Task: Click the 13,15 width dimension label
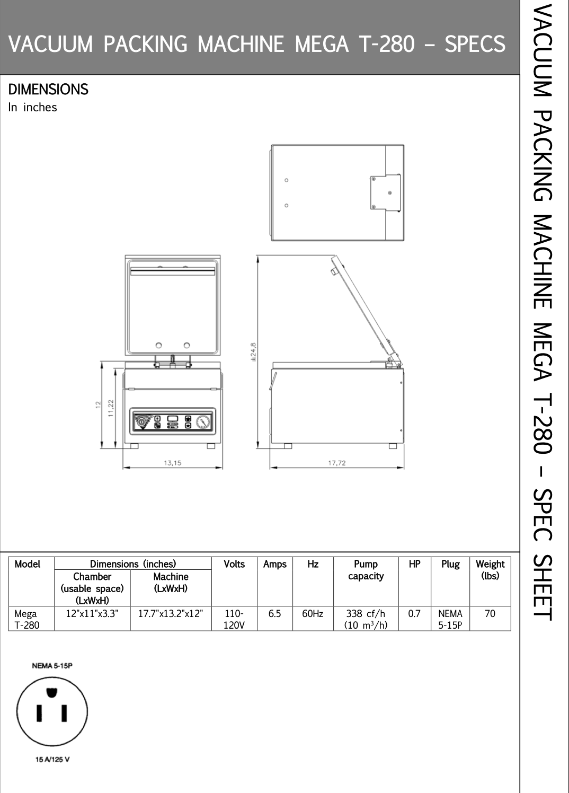point(173,463)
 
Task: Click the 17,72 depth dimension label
point(337,463)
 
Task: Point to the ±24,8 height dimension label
point(253,352)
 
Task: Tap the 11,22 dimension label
point(111,408)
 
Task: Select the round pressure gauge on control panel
point(203,421)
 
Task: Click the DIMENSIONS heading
point(48,89)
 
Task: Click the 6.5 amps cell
point(274,613)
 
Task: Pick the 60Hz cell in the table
point(313,613)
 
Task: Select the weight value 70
point(490,613)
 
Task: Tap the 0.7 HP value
point(414,613)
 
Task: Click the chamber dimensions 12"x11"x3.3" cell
point(92,613)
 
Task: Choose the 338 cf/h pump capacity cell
point(366,619)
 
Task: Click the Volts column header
point(234,564)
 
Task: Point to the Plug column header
point(450,565)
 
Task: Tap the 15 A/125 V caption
point(52,759)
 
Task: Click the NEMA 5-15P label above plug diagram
point(52,666)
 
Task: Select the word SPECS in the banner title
point(475,44)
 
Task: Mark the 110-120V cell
point(234,619)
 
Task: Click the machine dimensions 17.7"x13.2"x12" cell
point(171,613)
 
